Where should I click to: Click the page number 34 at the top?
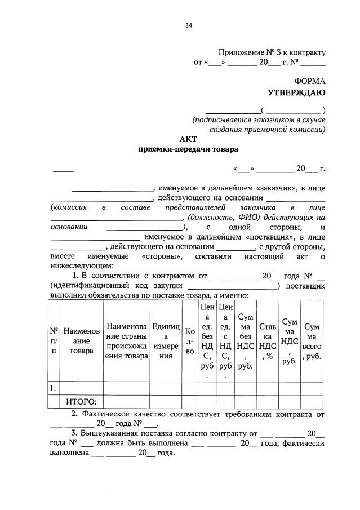pyautogui.click(x=189, y=25)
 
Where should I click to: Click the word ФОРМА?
pyautogui.click(x=310, y=81)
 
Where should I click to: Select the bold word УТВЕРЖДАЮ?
pyautogui.click(x=296, y=92)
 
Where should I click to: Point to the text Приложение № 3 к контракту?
pyautogui.click(x=273, y=52)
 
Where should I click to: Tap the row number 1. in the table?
pyautogui.click(x=53, y=388)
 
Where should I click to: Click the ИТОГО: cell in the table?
pyautogui.click(x=82, y=401)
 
